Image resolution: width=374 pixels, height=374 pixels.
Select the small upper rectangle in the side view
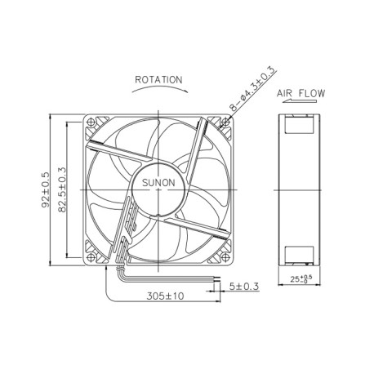point(299,124)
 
